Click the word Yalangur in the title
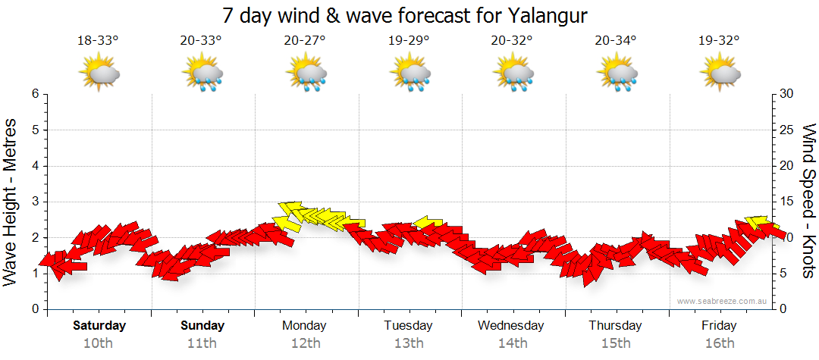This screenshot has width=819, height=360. tap(544, 16)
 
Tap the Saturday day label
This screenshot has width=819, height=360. tap(99, 326)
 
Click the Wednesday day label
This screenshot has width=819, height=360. tap(510, 326)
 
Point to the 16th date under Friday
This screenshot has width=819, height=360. tap(718, 343)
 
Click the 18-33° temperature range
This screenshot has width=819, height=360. tap(98, 41)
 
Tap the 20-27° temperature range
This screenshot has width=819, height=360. tap(305, 41)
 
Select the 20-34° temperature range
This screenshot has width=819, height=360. tap(616, 41)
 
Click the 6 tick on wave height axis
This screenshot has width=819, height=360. tap(35, 94)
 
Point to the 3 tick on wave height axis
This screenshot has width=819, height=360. tap(35, 202)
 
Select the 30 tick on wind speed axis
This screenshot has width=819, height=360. tap(786, 94)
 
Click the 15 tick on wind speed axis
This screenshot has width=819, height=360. tap(786, 202)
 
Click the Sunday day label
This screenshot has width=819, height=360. tap(202, 326)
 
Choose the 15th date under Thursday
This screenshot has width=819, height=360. tap(615, 343)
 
